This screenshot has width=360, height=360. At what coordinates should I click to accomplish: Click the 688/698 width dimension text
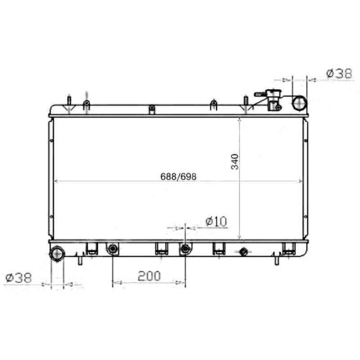(179, 176)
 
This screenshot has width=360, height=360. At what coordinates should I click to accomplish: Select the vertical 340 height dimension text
(235, 162)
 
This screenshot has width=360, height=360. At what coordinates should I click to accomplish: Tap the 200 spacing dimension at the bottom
(149, 276)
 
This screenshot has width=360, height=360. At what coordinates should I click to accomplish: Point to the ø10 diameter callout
(216, 221)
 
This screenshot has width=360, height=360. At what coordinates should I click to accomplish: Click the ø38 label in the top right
(339, 73)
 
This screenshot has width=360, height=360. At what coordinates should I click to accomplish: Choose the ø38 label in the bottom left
(19, 278)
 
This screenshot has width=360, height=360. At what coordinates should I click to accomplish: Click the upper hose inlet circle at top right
(300, 103)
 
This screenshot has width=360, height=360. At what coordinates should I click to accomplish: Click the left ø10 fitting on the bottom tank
(112, 249)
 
